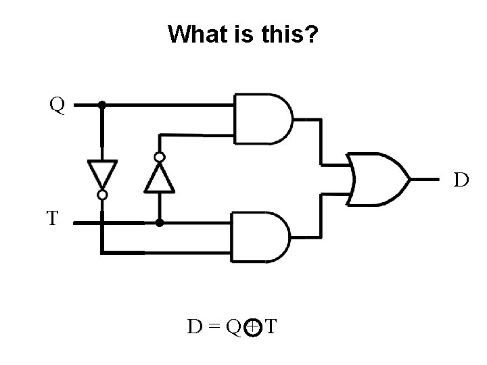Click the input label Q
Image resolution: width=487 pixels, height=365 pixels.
coord(57,105)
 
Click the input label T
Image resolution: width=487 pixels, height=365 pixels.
coord(53,218)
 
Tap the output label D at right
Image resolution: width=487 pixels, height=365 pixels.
coord(461,180)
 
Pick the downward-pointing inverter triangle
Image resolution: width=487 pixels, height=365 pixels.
coord(102,174)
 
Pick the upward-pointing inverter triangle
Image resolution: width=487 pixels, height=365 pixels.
coord(159,177)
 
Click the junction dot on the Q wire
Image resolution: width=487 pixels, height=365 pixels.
coord(101,105)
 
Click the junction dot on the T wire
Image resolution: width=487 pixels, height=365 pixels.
coord(160,222)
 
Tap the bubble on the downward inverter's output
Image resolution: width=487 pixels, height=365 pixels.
coord(102,195)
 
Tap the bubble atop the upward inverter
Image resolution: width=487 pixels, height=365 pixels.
coord(159,157)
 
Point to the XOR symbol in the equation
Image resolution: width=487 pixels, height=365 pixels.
coord(251,328)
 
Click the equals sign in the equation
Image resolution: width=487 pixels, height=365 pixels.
coord(215,328)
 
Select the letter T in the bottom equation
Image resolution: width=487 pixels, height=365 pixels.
coord(270,328)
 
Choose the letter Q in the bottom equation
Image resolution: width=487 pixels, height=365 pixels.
coord(233,328)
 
